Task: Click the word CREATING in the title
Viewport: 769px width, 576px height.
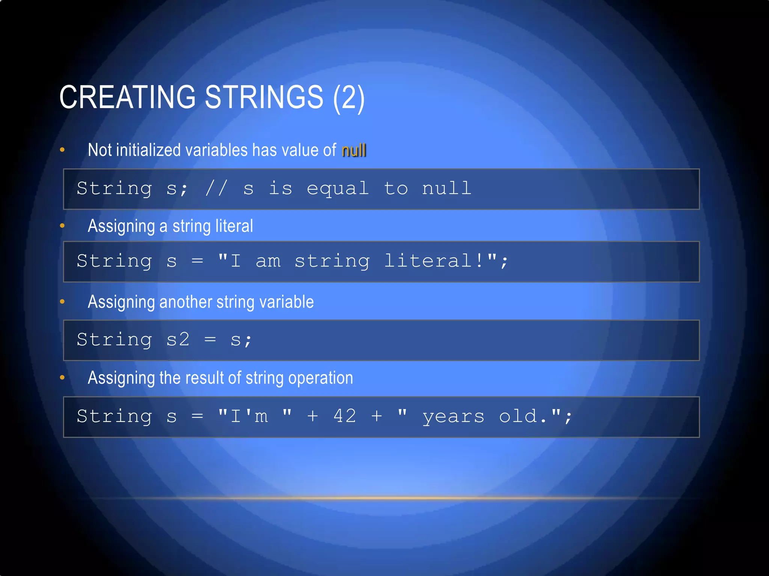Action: click(x=128, y=97)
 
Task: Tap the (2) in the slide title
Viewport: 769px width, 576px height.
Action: click(x=349, y=97)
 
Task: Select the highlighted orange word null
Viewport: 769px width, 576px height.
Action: click(x=354, y=150)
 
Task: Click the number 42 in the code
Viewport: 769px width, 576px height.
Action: click(x=345, y=416)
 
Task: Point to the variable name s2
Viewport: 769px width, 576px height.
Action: click(x=178, y=340)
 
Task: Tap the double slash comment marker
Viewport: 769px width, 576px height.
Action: click(x=216, y=188)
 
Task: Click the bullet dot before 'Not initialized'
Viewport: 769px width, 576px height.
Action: click(x=62, y=150)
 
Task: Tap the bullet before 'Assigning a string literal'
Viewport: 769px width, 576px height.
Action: click(x=62, y=226)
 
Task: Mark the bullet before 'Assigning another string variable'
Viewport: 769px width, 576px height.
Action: click(x=62, y=301)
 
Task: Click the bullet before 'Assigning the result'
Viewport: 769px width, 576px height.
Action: click(x=62, y=378)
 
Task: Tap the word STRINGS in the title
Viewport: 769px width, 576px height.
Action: click(x=264, y=97)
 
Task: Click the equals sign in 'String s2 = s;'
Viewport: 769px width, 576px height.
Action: click(x=210, y=340)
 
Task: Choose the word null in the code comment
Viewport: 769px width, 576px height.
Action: click(x=446, y=188)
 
